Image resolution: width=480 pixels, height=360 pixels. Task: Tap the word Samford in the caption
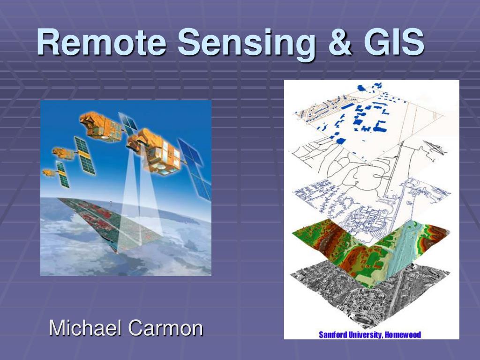click(x=334, y=335)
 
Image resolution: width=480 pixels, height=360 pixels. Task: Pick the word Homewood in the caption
click(x=403, y=335)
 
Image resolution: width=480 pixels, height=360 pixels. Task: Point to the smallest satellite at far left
click(x=50, y=172)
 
